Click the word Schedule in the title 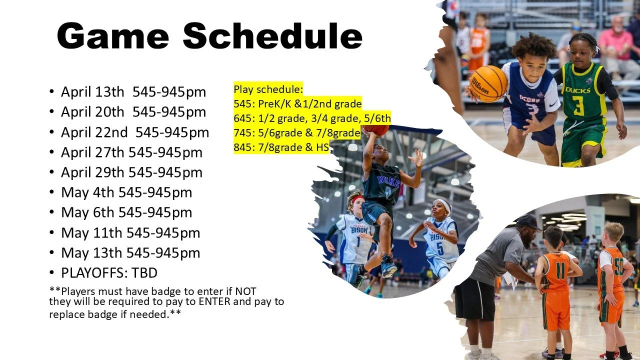click(272, 36)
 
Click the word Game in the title click(113, 36)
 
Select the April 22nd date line click(134, 132)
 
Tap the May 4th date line click(126, 192)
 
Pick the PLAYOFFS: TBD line click(109, 272)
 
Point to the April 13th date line click(133, 92)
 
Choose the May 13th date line click(130, 252)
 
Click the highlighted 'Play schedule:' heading click(268, 89)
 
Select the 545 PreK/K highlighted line click(297, 104)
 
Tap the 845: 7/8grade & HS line click(281, 147)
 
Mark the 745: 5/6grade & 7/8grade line click(297, 132)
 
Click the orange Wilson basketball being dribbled click(488, 83)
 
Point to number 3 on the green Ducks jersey click(578, 105)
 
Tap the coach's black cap click(528, 221)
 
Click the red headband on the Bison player click(357, 199)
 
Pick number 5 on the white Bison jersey click(439, 248)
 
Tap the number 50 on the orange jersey click(618, 266)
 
